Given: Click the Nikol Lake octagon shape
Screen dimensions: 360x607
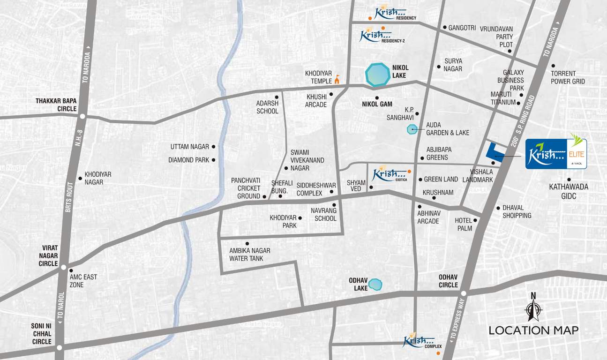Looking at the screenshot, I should coord(377,75).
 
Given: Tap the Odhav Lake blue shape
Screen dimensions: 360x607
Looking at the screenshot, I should coord(375,284).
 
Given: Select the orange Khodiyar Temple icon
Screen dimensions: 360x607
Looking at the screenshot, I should coord(337,80).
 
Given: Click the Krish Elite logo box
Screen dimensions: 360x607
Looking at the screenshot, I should coord(556,154).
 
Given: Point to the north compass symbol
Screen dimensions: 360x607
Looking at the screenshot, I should coord(532,307).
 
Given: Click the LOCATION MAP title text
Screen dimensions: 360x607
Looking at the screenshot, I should coord(533,330).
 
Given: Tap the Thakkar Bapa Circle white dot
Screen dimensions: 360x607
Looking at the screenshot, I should coord(82,116).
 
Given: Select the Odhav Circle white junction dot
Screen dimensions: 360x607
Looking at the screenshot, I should coord(463,293).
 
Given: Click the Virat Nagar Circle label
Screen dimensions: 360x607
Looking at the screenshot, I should coord(48,256).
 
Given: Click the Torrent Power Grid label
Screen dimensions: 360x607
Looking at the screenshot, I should coord(568,77).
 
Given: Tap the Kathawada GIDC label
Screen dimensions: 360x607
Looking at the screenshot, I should coord(569,191).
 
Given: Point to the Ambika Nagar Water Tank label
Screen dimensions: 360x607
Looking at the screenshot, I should coord(249,255).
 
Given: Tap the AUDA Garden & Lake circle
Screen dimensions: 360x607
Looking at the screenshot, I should coord(412,129).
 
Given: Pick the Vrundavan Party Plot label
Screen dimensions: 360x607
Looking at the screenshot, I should coord(496,37).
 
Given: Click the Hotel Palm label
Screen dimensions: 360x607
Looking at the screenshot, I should coord(465,224).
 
